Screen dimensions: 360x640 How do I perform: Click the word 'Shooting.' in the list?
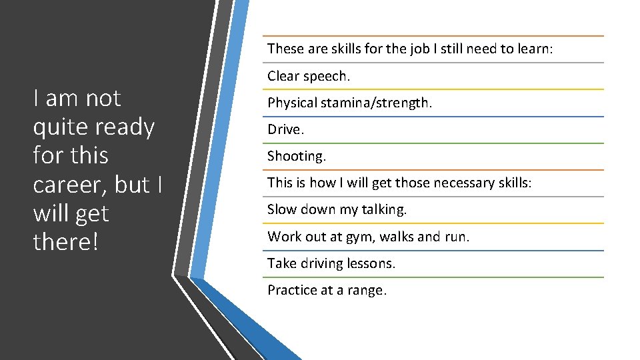[297, 157]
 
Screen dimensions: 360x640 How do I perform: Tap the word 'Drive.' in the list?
[285, 129]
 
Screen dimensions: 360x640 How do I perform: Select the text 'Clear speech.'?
[308, 76]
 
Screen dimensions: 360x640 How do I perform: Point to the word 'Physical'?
[291, 103]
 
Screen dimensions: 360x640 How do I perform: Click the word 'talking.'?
[384, 209]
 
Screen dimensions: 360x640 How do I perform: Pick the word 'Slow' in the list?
[282, 209]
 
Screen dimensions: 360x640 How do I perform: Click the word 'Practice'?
[292, 290]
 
